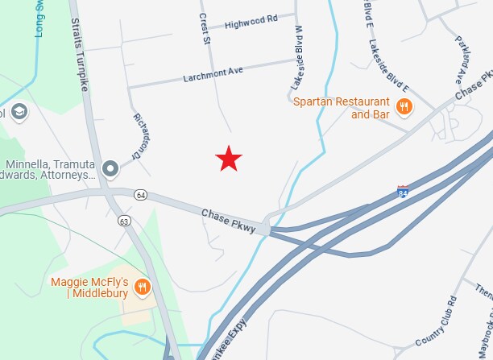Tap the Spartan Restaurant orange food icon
click(404, 106)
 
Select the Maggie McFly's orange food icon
click(143, 287)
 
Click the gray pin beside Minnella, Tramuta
click(111, 168)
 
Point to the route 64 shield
click(141, 195)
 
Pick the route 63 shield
click(123, 219)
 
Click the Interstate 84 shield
click(403, 191)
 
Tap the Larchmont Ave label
click(213, 72)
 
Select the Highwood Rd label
click(251, 20)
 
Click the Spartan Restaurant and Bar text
click(342, 107)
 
